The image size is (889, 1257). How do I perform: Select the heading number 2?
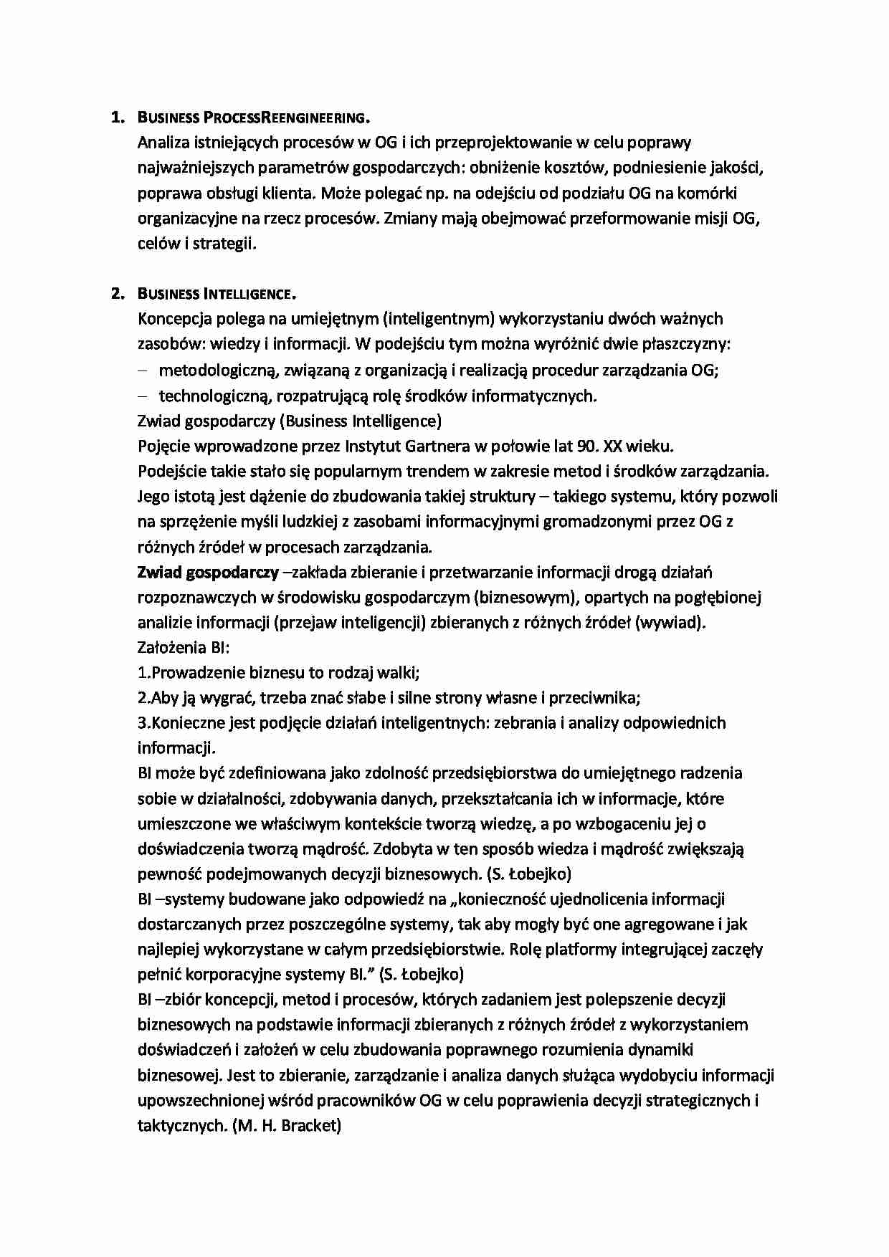point(117,294)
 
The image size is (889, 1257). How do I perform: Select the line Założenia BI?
point(183,647)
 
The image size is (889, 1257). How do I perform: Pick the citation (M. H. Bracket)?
point(287,1125)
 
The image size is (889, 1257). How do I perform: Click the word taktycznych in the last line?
point(181,1125)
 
